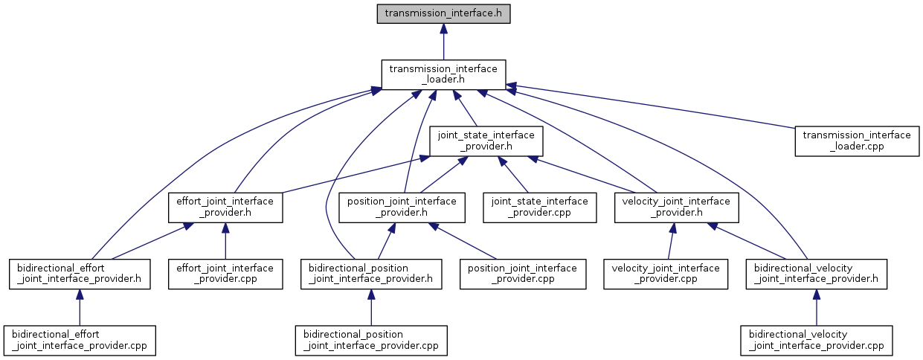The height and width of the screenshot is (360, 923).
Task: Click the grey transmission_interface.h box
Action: click(443, 13)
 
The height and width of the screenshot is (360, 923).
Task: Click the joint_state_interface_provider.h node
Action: click(486, 141)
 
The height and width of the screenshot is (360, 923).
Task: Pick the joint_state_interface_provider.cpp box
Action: click(540, 208)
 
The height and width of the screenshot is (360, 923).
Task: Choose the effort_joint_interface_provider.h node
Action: click(225, 208)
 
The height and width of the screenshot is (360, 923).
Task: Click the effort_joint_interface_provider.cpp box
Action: click(225, 274)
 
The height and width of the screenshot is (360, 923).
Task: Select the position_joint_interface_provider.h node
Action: click(402, 208)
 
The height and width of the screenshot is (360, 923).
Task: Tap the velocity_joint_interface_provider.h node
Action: click(676, 208)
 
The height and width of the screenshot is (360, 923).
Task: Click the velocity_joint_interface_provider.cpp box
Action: click(666, 274)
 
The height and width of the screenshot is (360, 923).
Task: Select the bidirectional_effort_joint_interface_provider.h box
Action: click(80, 274)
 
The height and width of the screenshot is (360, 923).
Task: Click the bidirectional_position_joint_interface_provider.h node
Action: click(371, 274)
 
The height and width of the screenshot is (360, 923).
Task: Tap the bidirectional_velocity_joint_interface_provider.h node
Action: click(817, 274)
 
